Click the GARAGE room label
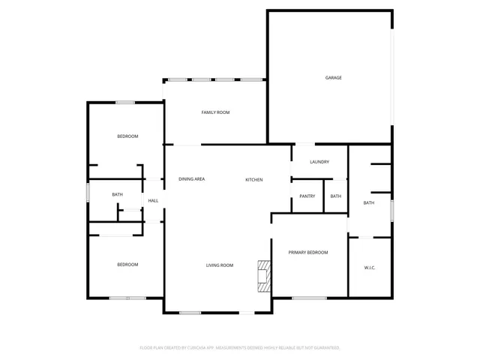point(333,77)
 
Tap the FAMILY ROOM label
point(215,112)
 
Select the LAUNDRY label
point(319,162)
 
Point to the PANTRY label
point(307,196)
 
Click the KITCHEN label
point(254,180)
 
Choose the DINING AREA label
point(192,179)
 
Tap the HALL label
point(153,201)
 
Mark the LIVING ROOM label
point(220,265)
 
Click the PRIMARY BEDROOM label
point(308,253)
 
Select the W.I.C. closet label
point(370,268)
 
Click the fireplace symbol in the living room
point(263,276)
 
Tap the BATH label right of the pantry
point(335,196)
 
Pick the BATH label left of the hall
point(118,195)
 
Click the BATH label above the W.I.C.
point(369,203)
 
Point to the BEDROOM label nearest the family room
point(127,136)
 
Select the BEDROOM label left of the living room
point(127,265)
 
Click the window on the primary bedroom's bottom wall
point(309,298)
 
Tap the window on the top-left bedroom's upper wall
point(125,103)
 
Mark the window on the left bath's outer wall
point(88,192)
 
